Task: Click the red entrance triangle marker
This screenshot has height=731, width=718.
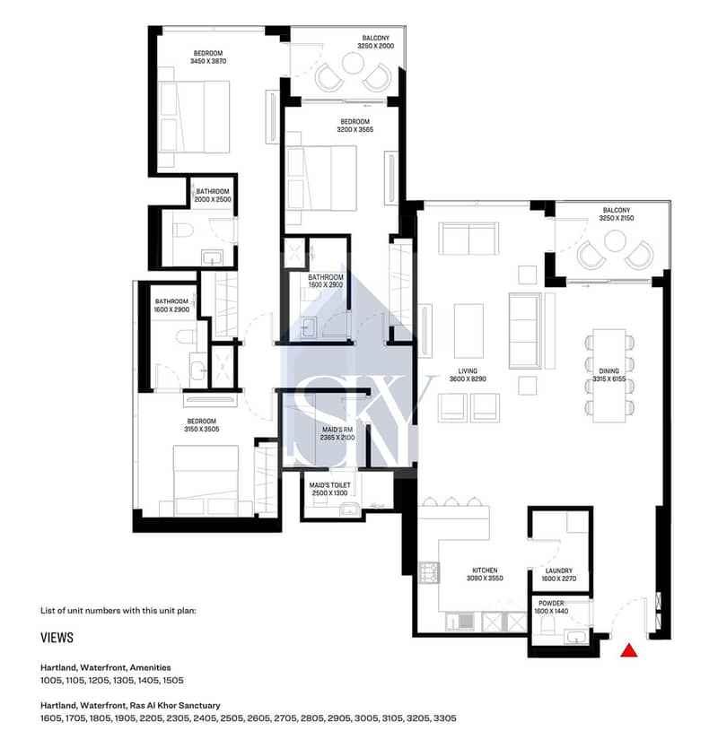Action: point(628,650)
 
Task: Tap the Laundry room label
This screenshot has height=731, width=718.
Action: point(558,570)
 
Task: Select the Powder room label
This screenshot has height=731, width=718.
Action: point(551,604)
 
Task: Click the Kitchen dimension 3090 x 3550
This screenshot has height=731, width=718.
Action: point(485,579)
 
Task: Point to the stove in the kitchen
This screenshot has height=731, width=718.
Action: point(429,573)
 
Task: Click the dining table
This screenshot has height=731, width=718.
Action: point(609,376)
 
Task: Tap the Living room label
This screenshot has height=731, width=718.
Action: point(468,371)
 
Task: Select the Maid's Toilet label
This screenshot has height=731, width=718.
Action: point(329,485)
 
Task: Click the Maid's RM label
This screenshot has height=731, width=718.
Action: point(337,430)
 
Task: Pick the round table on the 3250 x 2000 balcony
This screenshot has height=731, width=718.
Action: point(353,63)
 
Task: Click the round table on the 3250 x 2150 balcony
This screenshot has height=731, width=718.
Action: point(615,241)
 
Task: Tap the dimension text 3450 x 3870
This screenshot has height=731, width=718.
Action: point(208,62)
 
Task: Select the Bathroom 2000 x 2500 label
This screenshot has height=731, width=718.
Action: point(213,196)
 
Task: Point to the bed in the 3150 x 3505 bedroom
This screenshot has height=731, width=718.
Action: point(206,480)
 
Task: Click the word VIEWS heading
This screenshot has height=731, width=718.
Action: point(57,638)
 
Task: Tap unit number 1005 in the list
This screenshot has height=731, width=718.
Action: point(51,680)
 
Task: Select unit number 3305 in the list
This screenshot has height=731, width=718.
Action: point(445,718)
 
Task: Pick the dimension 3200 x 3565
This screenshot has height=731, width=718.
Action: point(355,130)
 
